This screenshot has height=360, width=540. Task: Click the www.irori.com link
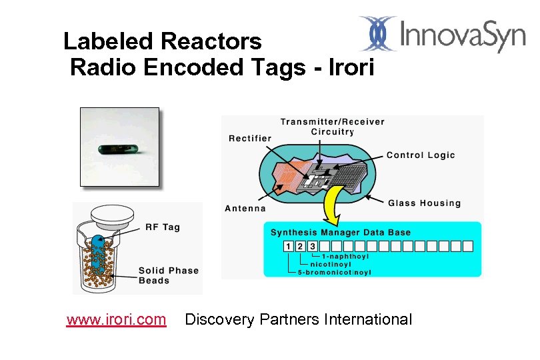(x=116, y=320)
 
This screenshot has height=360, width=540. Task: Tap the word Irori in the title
(x=352, y=67)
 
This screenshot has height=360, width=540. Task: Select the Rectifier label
(x=250, y=138)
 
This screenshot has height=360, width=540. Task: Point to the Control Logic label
(x=421, y=155)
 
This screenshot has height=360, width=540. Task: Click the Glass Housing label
(x=424, y=203)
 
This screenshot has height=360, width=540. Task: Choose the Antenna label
(x=245, y=208)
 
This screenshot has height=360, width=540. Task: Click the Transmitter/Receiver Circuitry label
(x=332, y=127)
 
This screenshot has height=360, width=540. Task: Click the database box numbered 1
(x=288, y=247)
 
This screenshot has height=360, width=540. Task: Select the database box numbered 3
(x=312, y=247)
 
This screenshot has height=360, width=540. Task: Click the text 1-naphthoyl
(x=345, y=256)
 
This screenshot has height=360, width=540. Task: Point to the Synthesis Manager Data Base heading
(x=340, y=233)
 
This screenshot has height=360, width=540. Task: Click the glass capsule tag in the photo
(x=120, y=147)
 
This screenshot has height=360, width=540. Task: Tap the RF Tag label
(x=163, y=227)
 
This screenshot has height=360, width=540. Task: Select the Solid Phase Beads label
(x=168, y=275)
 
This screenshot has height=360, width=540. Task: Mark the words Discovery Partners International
(x=298, y=320)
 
